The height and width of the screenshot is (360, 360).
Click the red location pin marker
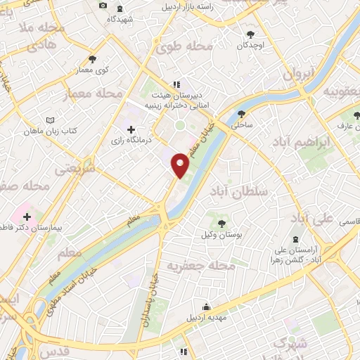[181, 165]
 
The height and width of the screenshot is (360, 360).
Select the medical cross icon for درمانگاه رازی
[131, 129]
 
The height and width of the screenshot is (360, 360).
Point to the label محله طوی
[184, 48]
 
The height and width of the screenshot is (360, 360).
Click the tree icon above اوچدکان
[250, 34]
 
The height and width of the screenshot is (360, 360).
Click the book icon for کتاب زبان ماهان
[49, 120]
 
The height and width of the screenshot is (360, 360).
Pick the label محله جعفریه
[200, 266]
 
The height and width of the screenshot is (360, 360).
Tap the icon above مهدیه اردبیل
[206, 307]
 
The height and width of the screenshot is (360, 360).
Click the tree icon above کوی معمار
[92, 59]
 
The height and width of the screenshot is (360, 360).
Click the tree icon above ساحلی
[242, 113]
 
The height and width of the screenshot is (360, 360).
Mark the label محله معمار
[94, 94]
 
